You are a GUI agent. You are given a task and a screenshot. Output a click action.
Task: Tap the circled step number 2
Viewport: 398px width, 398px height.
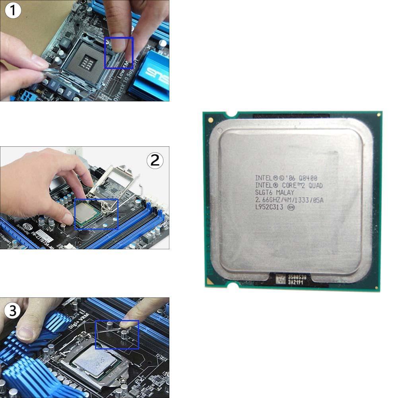(155, 160)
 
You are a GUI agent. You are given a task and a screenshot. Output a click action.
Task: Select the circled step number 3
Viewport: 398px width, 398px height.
(13, 311)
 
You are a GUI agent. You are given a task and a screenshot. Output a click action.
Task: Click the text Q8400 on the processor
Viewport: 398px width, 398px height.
(308, 178)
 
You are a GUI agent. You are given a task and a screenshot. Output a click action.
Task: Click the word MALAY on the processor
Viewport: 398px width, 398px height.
(285, 193)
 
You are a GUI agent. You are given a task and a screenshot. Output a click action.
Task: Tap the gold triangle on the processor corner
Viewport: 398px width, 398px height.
(210, 119)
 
